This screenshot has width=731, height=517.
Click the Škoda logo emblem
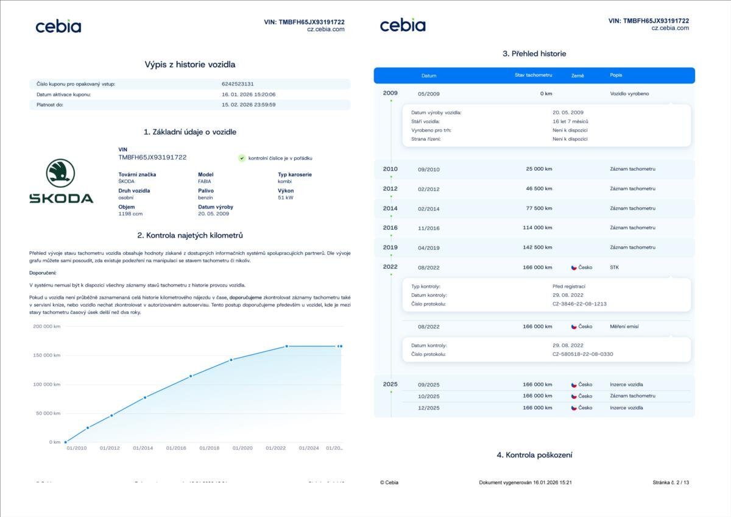[x=60, y=173]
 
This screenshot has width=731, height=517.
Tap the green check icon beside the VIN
[x=242, y=158]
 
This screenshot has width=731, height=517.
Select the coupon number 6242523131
[x=238, y=84]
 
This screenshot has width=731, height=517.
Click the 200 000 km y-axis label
[x=47, y=327]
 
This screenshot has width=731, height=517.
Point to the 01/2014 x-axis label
[x=143, y=448]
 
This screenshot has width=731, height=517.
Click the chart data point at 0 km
[x=66, y=442]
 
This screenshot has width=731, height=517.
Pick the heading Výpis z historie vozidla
[x=189, y=64]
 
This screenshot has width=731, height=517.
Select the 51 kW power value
[x=285, y=198]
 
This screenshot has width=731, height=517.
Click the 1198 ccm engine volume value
[x=130, y=214]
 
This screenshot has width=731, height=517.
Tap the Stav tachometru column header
[x=533, y=75]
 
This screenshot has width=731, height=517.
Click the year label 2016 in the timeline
[x=390, y=227]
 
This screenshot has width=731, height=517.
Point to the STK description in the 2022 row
[x=614, y=267]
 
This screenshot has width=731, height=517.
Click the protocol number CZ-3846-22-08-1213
[x=579, y=304]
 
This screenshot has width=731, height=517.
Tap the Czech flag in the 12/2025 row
[x=574, y=407]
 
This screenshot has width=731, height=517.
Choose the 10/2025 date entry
[x=428, y=396]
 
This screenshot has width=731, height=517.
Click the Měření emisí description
[x=624, y=327]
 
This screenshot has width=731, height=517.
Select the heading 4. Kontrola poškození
[x=534, y=455]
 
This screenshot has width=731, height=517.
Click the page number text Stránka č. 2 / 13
[x=670, y=483]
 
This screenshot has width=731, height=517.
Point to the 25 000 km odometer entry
[x=539, y=169]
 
